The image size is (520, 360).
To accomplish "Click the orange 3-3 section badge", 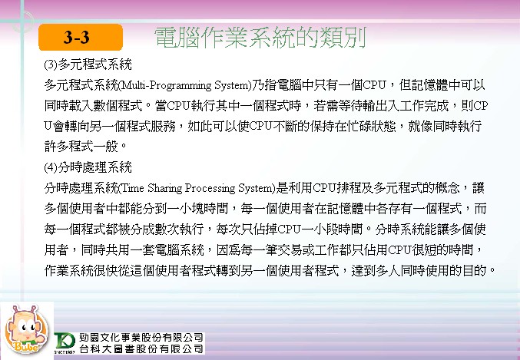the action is [81, 37].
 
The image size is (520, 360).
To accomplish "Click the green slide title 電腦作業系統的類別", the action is [260, 38].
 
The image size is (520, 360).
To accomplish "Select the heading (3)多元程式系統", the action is [88, 64].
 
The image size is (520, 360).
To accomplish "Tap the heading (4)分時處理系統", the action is [88, 167].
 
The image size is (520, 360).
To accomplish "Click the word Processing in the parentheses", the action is [209, 188].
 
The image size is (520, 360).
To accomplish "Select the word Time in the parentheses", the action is [133, 188].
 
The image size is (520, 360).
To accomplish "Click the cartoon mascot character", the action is [26, 330].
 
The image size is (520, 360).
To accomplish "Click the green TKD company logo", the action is [65, 342].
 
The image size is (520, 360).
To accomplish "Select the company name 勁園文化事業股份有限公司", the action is [141, 338].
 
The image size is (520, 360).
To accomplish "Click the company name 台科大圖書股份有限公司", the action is [141, 348].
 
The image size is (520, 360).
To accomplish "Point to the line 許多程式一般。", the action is [85, 146].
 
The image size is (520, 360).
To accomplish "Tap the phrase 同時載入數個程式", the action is [94, 106].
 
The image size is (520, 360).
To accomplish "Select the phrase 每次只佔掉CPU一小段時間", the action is [290, 229].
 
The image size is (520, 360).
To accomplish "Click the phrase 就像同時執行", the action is [445, 127].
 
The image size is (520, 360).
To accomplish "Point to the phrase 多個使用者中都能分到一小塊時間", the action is [136, 209].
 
